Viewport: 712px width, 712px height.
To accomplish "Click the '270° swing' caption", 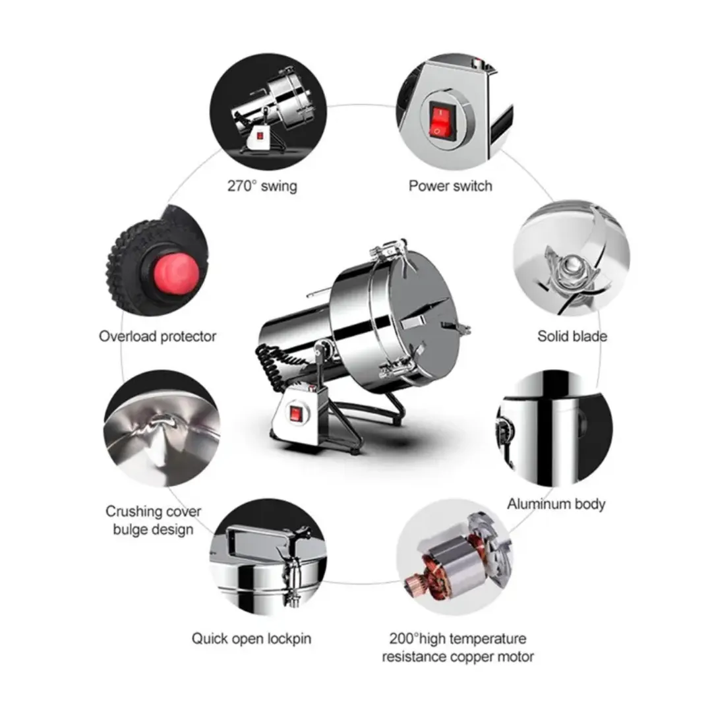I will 262,186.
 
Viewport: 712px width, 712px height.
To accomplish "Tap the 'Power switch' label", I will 450,186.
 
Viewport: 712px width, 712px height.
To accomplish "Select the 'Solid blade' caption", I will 572,336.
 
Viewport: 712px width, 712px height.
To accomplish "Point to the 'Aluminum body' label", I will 556,504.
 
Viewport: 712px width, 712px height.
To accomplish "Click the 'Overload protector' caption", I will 158,336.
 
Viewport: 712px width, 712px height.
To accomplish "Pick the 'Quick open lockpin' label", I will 251,638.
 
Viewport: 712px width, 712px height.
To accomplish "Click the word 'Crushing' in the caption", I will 134,512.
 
